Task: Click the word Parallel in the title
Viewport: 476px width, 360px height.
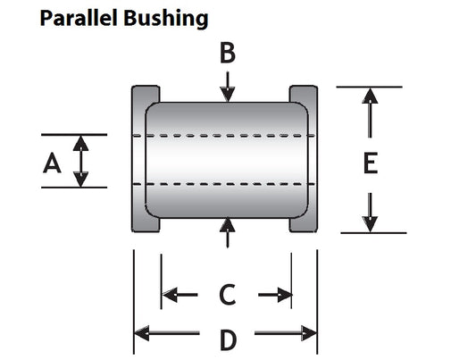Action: coord(79,18)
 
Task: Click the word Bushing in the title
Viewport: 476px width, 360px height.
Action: coord(166,19)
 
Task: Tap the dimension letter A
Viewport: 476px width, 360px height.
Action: coord(52,163)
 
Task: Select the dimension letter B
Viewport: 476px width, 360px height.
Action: coord(228,53)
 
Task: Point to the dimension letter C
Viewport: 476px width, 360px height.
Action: coord(228,295)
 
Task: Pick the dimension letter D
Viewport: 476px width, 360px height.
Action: coord(228,339)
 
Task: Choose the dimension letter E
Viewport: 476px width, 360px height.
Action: coord(371,163)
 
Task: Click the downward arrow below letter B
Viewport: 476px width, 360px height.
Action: coord(228,87)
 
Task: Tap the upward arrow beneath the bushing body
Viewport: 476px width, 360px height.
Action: coord(228,233)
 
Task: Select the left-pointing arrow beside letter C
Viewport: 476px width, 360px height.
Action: coord(180,295)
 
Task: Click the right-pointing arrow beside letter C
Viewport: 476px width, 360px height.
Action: coord(275,295)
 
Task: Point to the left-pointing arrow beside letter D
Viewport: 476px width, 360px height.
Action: coord(167,333)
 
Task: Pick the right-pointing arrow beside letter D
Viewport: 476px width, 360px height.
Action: coord(286,333)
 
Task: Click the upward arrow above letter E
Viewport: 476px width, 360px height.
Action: coord(370,113)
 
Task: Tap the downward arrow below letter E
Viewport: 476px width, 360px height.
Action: coord(370,213)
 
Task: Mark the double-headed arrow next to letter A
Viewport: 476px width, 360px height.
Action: coord(80,161)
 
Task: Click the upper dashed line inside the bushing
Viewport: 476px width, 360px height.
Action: coord(224,136)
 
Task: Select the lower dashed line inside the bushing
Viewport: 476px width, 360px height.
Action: coord(224,184)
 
